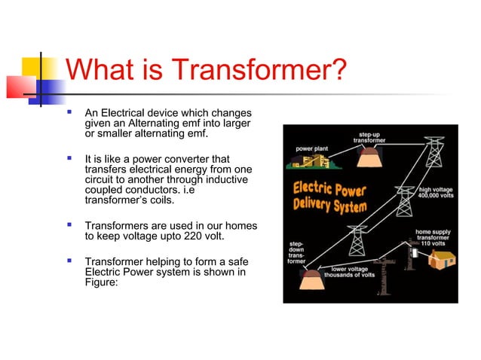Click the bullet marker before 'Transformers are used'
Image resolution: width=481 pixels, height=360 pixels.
(x=69, y=225)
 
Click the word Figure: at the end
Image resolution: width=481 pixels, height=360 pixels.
(x=102, y=284)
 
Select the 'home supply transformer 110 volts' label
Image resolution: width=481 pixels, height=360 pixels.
(x=434, y=238)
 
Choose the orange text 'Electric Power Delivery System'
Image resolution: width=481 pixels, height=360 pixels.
(x=332, y=197)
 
